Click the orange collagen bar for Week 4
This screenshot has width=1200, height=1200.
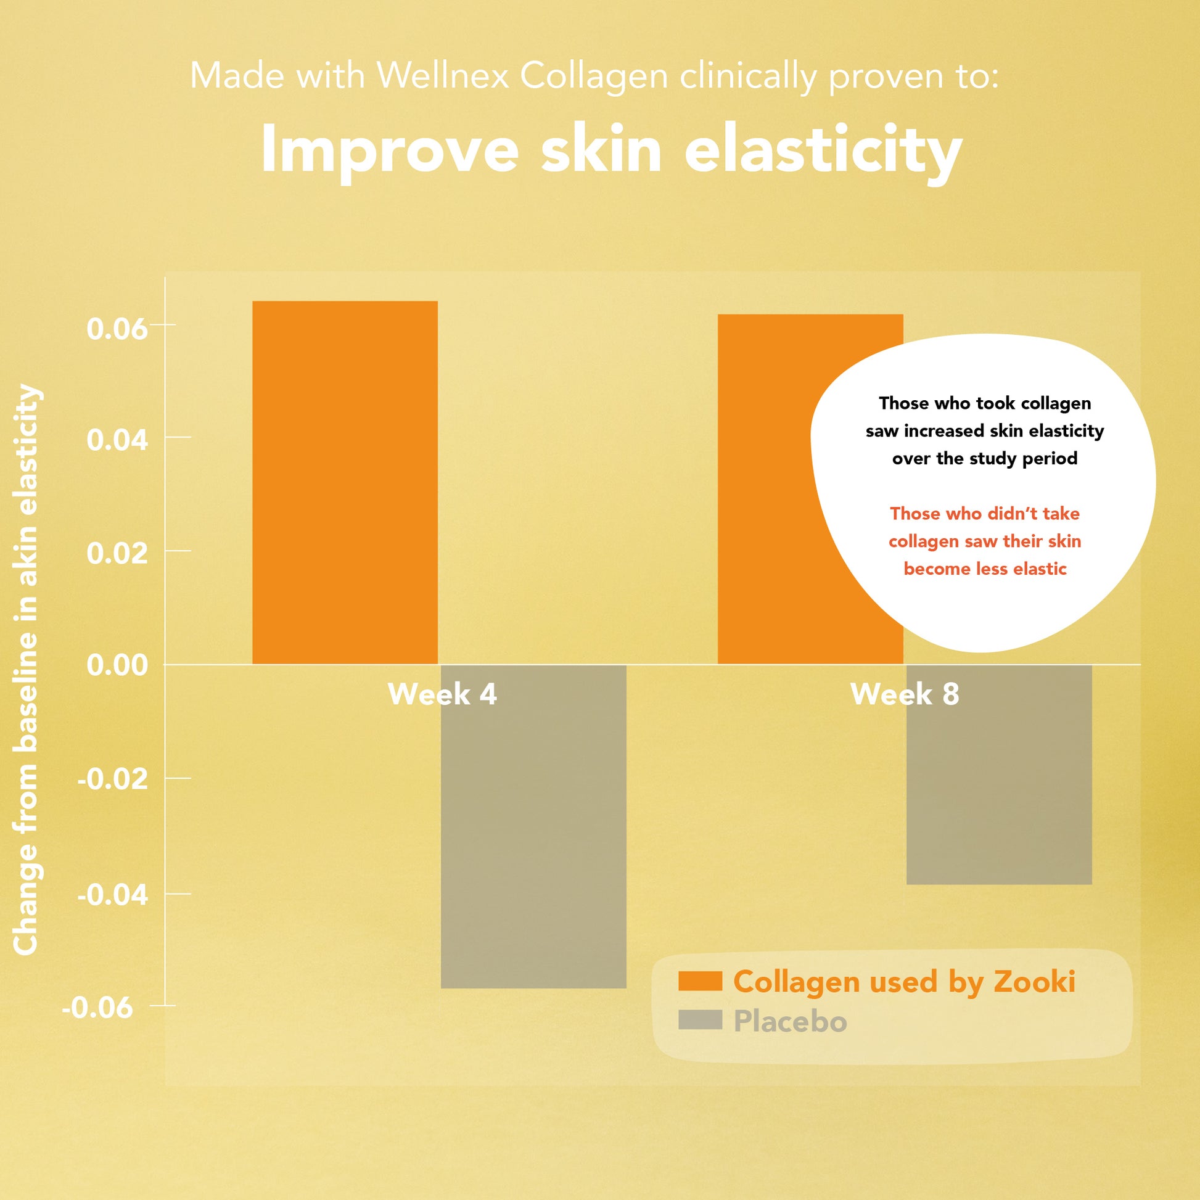click(x=345, y=483)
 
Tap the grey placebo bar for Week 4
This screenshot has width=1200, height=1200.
click(x=533, y=826)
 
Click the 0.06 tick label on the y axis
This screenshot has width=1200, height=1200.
click(x=117, y=328)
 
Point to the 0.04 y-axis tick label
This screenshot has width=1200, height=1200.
click(x=117, y=440)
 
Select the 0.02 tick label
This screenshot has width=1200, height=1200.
click(x=117, y=553)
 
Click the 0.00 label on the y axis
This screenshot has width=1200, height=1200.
click(x=117, y=665)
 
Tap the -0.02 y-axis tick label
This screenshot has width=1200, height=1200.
click(x=112, y=778)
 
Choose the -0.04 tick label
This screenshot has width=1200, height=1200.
click(x=112, y=895)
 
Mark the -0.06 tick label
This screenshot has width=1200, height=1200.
click(x=97, y=1008)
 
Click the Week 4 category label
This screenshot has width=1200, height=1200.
click(x=442, y=694)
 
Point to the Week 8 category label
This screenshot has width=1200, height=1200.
click(x=905, y=694)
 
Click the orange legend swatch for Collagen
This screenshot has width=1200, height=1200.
click(x=700, y=980)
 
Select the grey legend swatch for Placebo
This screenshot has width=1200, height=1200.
click(x=700, y=1019)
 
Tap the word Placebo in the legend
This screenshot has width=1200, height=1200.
click(x=790, y=1021)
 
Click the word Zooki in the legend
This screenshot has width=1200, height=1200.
click(x=1034, y=981)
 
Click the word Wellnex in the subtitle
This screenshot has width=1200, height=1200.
click(x=443, y=76)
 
